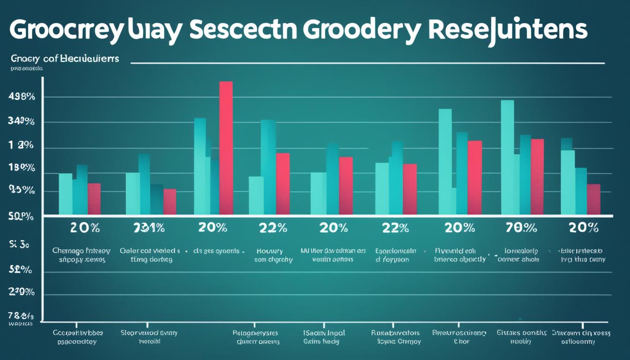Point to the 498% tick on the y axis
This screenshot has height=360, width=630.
click(22, 97)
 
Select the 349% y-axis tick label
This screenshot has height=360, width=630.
click(22, 122)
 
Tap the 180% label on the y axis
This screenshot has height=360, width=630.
click(22, 167)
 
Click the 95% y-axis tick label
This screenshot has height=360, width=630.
click(22, 190)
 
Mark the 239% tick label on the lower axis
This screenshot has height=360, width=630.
click(22, 292)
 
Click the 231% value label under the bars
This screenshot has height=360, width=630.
click(149, 228)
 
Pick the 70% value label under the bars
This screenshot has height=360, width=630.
click(521, 228)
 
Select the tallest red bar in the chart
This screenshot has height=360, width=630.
click(226, 148)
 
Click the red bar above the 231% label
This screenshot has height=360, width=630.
click(170, 202)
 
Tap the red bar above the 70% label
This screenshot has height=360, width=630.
click(537, 177)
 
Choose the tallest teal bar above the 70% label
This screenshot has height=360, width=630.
click(507, 157)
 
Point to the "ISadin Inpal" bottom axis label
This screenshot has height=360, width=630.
click(323, 333)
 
